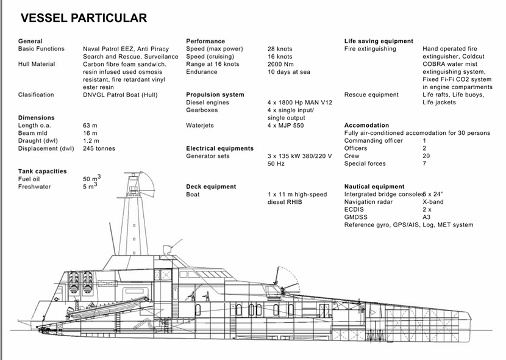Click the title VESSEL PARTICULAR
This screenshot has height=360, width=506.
tap(84, 18)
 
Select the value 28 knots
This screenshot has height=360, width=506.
tap(280, 49)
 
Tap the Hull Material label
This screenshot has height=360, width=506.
tap(37, 64)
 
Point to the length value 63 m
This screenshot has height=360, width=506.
tap(90, 125)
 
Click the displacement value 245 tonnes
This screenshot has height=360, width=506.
tap(99, 148)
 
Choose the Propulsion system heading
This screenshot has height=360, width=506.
tap(215, 95)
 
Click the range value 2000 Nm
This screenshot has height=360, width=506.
tap(281, 64)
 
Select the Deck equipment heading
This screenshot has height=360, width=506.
tap(211, 187)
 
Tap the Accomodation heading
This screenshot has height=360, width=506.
tap(366, 125)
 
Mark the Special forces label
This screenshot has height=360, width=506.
tap(365, 164)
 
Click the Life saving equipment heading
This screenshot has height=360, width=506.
tap(379, 41)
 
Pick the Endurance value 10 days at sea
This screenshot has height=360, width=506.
tap(289, 72)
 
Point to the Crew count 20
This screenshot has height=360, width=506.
tap(426, 156)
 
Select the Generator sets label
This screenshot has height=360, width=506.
tap(208, 156)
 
